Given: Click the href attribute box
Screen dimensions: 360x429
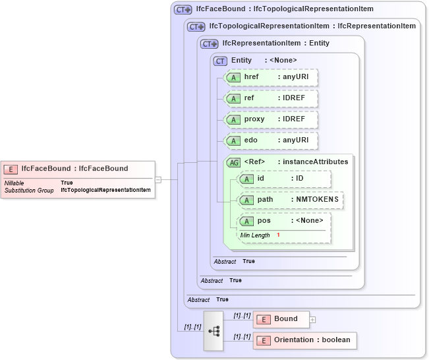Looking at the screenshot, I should click(x=271, y=77).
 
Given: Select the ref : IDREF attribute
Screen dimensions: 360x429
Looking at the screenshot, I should click(x=271, y=98).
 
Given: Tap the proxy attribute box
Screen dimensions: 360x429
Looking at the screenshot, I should click(x=271, y=119).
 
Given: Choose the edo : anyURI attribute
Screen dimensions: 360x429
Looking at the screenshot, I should click(x=271, y=140).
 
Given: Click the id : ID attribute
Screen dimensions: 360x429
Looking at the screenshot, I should click(x=284, y=179).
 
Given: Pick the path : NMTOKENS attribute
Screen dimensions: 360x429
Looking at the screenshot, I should click(x=290, y=200).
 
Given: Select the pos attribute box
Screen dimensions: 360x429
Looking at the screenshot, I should click(x=284, y=221).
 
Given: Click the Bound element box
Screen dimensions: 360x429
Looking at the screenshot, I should click(x=280, y=319).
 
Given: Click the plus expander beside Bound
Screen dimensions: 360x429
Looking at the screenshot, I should click(x=312, y=320).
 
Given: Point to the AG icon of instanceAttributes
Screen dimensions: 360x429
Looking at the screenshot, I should click(x=233, y=162).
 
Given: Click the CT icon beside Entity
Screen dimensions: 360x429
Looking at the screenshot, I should click(x=220, y=61).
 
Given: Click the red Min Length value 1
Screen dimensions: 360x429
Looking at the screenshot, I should click(x=278, y=235).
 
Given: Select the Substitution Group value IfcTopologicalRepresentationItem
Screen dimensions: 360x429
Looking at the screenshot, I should click(x=105, y=190).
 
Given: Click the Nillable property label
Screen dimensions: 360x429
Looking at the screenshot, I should click(x=14, y=183).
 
